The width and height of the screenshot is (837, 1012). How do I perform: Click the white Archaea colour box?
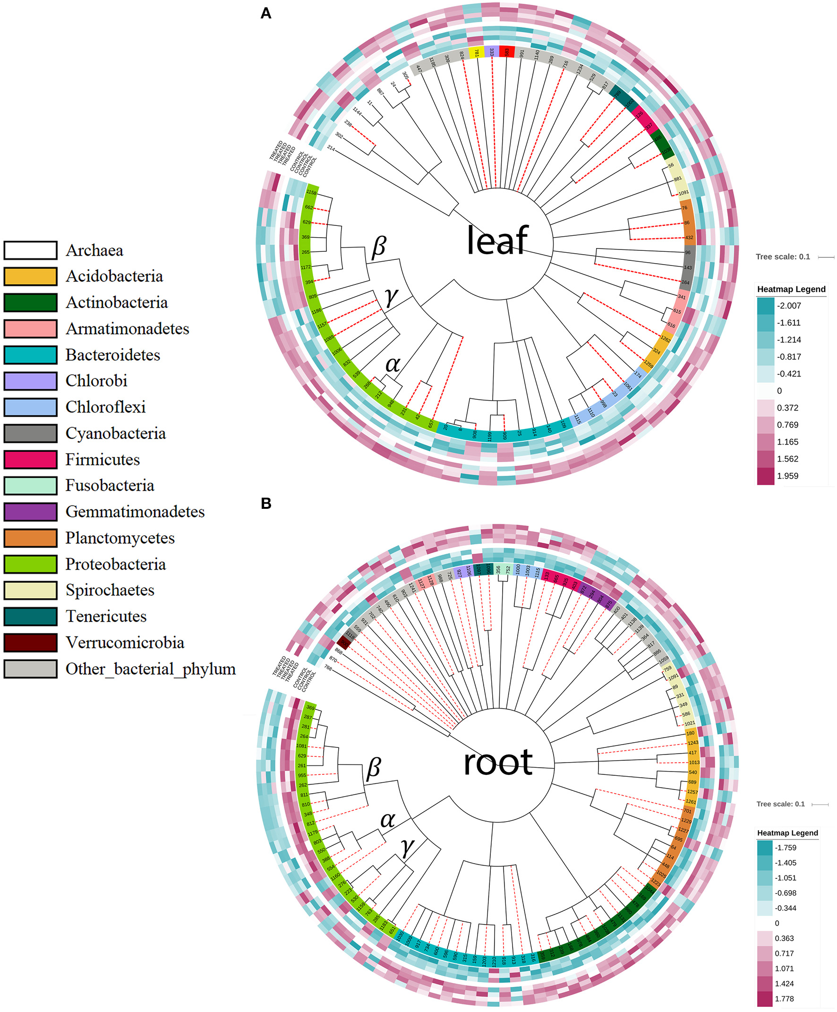[x=30, y=250]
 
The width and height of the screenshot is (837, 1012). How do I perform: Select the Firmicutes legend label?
[x=102, y=459]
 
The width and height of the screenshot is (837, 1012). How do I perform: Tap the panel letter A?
[x=265, y=14]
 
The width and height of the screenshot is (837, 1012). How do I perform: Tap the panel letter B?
[x=265, y=504]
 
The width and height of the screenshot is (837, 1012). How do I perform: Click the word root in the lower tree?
[x=497, y=763]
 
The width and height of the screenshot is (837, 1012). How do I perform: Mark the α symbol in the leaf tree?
[x=393, y=364]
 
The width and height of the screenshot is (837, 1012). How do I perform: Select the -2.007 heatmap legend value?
[x=789, y=306]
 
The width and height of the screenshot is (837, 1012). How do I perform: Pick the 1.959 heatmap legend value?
[x=787, y=476]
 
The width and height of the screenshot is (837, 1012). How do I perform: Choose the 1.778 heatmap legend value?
[x=784, y=998]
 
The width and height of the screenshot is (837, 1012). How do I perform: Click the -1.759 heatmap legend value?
[x=786, y=847]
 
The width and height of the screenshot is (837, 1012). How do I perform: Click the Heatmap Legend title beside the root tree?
[x=787, y=832]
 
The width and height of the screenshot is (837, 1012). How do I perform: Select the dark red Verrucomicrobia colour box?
[x=30, y=643]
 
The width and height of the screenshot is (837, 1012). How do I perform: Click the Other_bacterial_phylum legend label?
[x=150, y=669]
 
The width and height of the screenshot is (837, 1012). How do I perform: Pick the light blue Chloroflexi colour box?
[x=30, y=407]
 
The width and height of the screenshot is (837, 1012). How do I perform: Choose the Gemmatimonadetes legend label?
[x=135, y=512]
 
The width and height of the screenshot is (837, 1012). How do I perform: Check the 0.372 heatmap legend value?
[x=787, y=408]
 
